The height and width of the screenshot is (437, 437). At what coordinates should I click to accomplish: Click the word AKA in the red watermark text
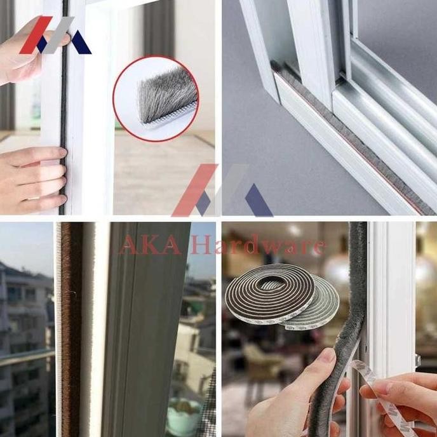(x=149, y=245)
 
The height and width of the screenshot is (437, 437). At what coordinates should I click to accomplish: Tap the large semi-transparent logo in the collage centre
(x=219, y=191)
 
